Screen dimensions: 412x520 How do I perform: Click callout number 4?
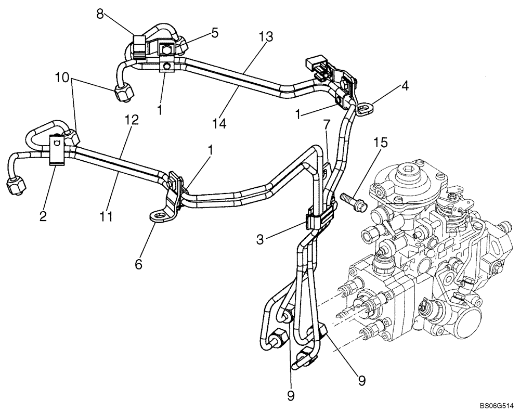point(405,85)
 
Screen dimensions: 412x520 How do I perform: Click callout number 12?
point(132,120)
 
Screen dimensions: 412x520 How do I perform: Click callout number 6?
point(138,264)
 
